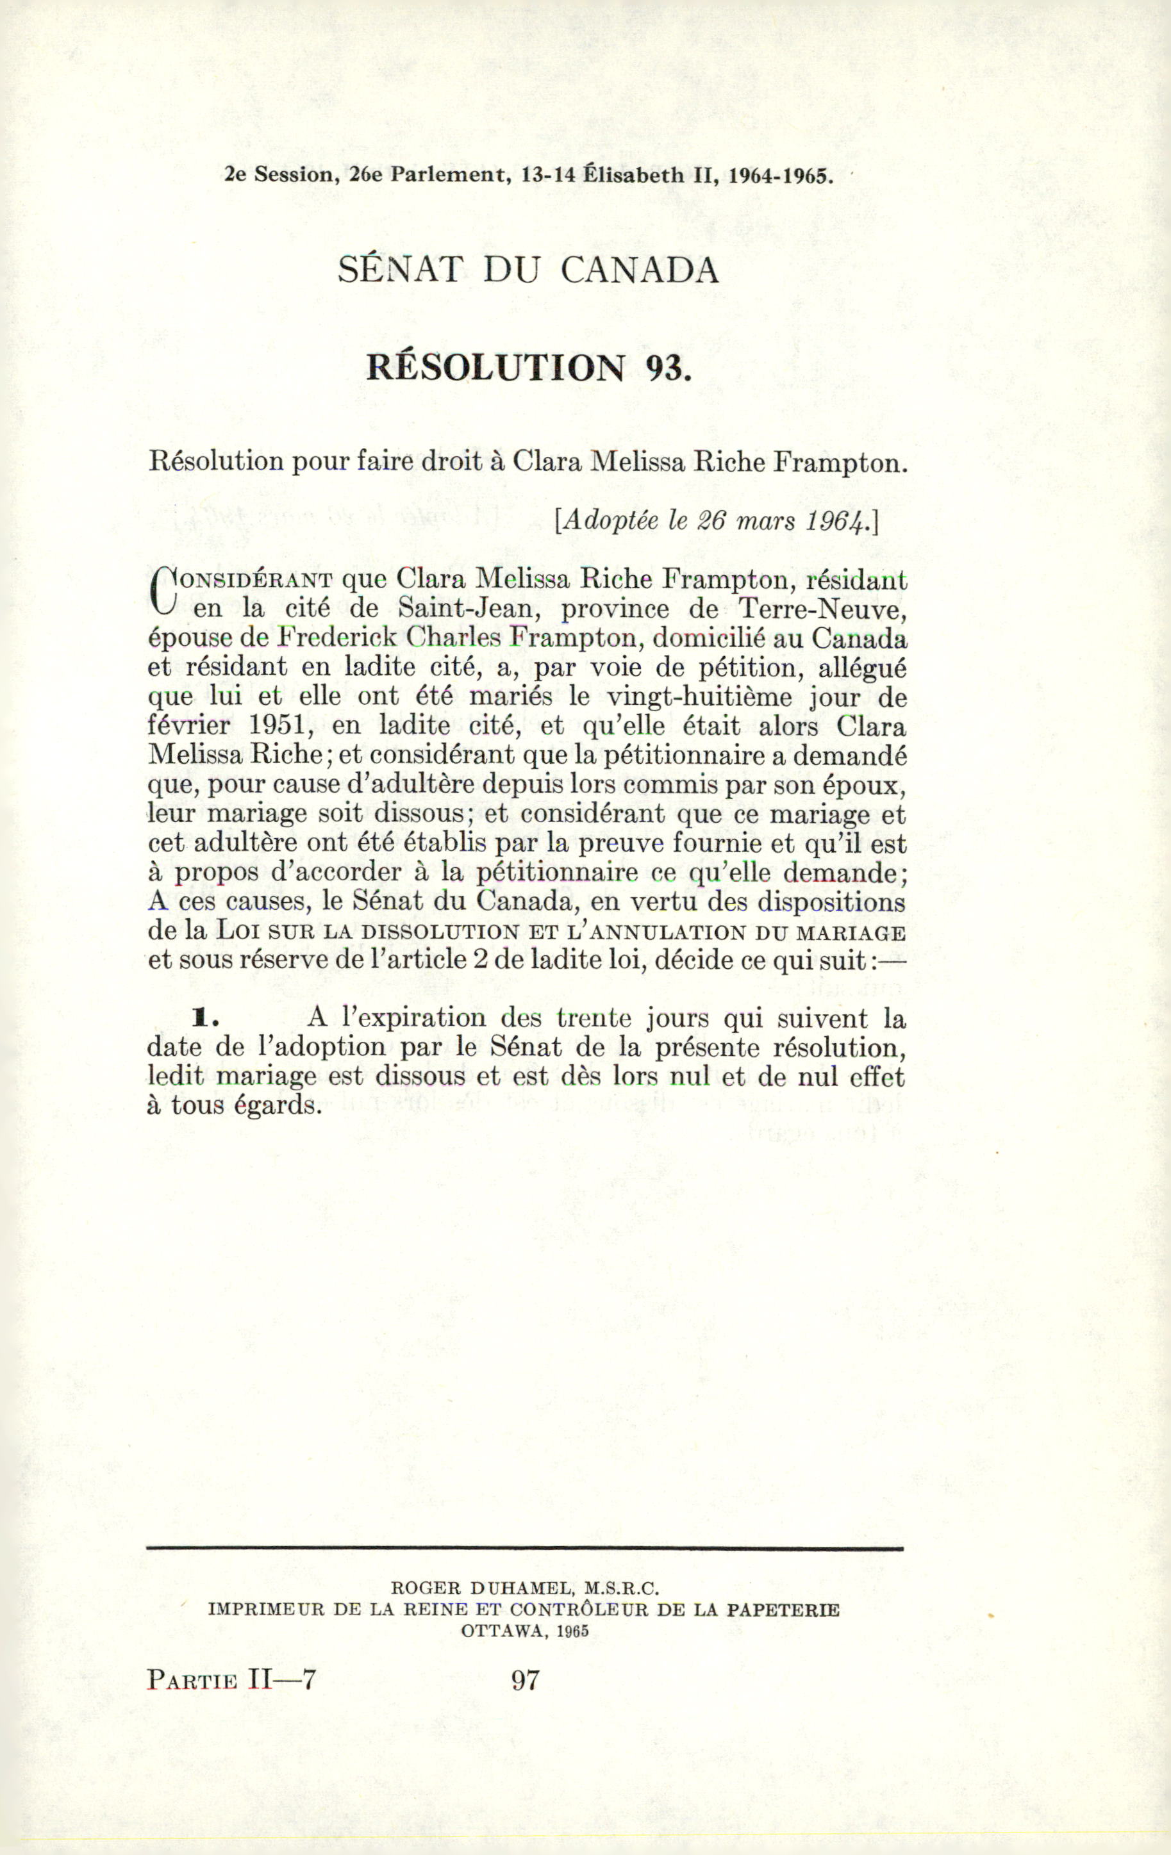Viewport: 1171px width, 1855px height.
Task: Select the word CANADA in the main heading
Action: (x=640, y=270)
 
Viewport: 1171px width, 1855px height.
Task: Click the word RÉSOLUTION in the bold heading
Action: (x=495, y=368)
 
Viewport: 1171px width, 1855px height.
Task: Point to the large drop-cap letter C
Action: (x=163, y=591)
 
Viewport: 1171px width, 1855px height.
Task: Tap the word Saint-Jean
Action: (x=465, y=609)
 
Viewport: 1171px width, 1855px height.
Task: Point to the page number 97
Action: (x=526, y=1679)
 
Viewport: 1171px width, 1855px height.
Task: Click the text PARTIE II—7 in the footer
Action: (x=232, y=1679)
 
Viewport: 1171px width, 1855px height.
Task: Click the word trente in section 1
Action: (x=594, y=1018)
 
